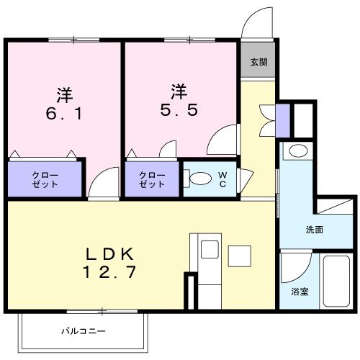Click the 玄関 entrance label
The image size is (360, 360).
pyautogui.click(x=258, y=63)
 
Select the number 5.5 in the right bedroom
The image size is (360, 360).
pyautogui.click(x=179, y=112)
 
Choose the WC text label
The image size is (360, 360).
pyautogui.click(x=222, y=180)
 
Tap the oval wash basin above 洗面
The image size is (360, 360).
pyautogui.click(x=296, y=150)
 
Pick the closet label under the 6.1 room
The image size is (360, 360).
pyautogui.click(x=45, y=179)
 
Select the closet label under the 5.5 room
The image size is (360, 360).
pyautogui.click(x=152, y=179)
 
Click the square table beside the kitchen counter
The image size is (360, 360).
pyautogui.click(x=238, y=255)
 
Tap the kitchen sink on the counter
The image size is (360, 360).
pyautogui.click(x=210, y=251)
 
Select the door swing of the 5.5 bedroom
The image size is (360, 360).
pyautogui.click(x=222, y=140)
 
